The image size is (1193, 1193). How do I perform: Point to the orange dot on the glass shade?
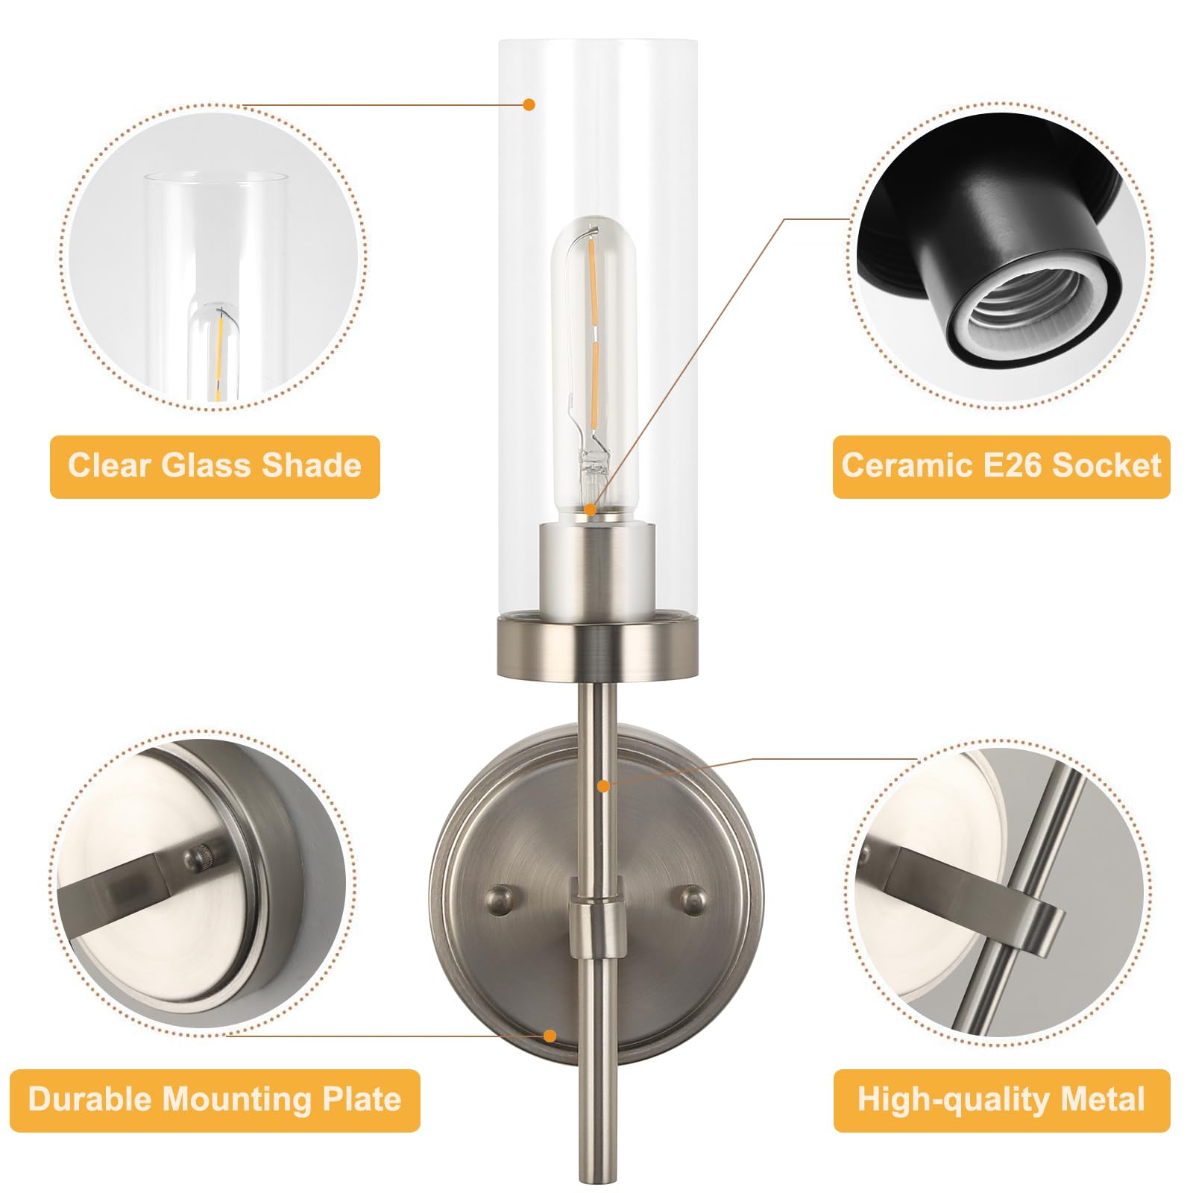529,104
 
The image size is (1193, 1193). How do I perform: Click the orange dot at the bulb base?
590,510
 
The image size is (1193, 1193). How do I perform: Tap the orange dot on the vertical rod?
603,786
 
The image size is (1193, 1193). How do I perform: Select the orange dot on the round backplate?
550,1036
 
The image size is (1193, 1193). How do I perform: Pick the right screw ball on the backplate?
693,901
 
